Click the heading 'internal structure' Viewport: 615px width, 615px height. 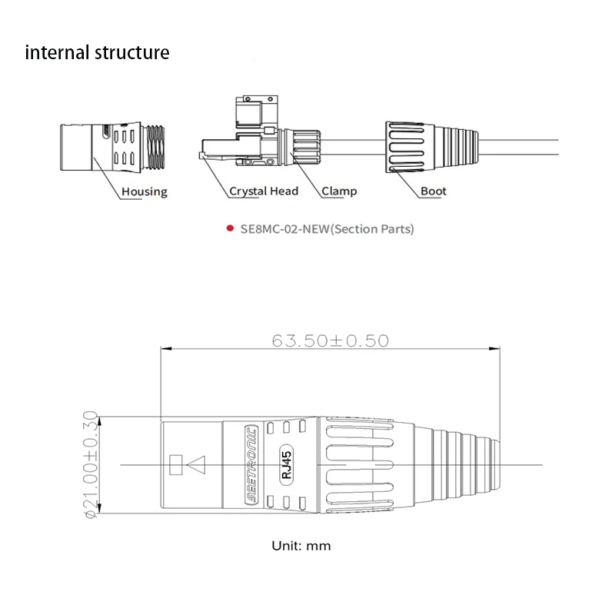click(97, 53)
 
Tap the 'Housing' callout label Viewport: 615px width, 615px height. click(144, 191)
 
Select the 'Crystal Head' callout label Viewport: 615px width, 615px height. click(263, 191)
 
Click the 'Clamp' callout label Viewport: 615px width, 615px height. click(339, 191)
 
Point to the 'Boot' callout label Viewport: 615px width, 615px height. click(434, 191)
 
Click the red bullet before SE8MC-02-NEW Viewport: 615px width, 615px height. click(229, 229)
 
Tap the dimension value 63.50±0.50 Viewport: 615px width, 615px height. click(331, 340)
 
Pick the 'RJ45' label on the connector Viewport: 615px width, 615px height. click(286, 464)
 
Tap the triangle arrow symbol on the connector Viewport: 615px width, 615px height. click(197, 464)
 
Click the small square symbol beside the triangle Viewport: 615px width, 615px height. click(175, 464)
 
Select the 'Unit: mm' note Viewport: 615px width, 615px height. click(301, 546)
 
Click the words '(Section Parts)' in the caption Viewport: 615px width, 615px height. click(372, 229)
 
